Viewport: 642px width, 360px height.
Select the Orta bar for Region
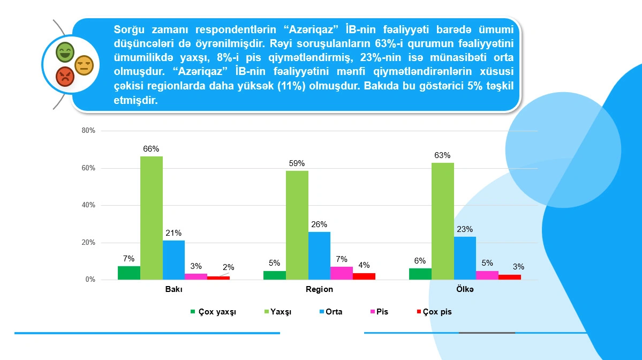tap(319, 256)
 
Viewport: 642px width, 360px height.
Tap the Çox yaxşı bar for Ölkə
tap(420, 274)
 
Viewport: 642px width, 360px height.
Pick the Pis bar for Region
tap(342, 273)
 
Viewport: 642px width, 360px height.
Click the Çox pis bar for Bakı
tap(218, 277)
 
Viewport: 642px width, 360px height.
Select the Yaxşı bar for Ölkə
tap(442, 221)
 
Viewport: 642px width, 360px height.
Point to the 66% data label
tap(152, 149)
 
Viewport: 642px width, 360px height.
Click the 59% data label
tap(297, 163)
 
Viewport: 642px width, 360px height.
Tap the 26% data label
tap(320, 224)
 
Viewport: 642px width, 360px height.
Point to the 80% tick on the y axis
tap(88, 131)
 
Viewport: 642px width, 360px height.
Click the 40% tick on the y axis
tap(88, 205)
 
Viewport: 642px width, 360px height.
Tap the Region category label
tap(319, 289)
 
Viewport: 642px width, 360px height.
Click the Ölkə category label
tap(465, 289)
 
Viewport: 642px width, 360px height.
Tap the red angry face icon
tap(64, 76)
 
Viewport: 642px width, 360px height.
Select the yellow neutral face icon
tap(84, 65)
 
